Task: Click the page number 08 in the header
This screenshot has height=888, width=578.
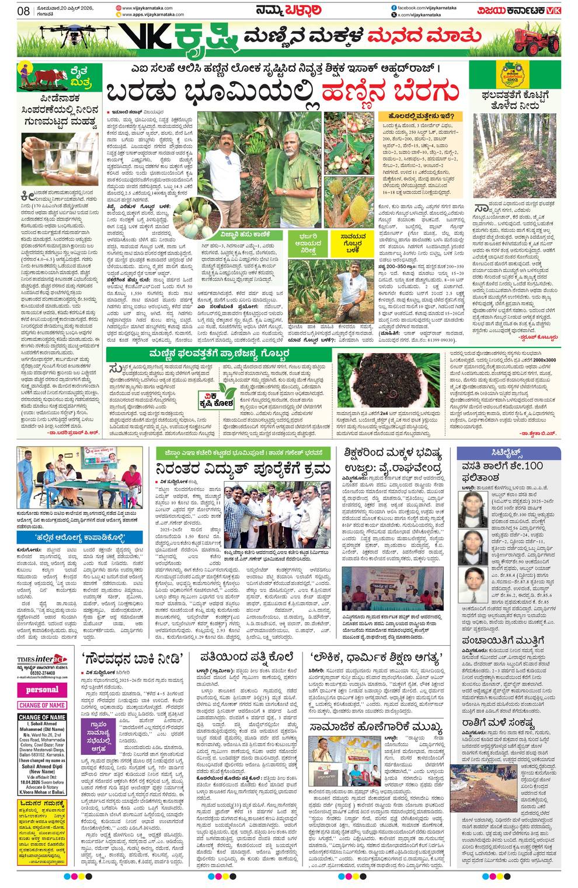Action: [23, 10]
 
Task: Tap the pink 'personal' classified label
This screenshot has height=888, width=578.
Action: [42, 689]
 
